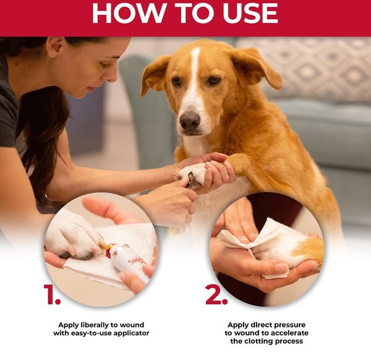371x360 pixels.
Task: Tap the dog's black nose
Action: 190,121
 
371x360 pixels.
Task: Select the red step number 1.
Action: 52,295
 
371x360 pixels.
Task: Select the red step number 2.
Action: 216,295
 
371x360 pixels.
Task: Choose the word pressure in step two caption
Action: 288,325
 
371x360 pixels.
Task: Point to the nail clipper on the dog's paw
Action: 190,181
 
